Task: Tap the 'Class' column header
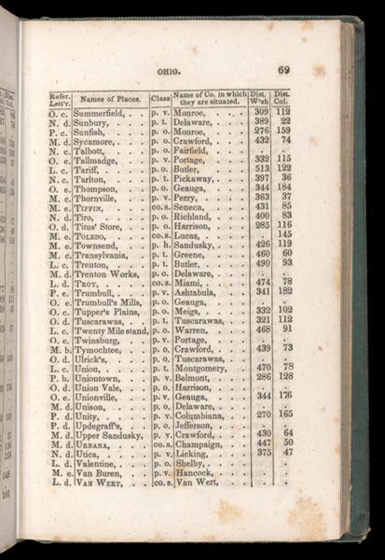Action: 159,98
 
